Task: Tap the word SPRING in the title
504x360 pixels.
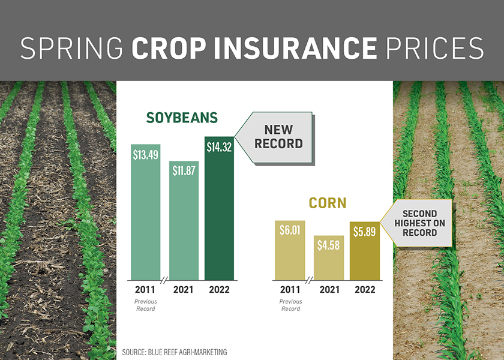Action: [71, 48]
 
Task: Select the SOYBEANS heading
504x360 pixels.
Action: [182, 118]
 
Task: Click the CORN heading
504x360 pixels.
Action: [327, 203]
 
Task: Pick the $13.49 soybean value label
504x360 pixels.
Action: [146, 154]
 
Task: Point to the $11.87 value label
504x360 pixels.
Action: [183, 170]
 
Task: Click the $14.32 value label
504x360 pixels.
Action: [219, 147]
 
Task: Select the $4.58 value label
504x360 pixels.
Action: [328, 245]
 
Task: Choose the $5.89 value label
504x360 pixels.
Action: [364, 231]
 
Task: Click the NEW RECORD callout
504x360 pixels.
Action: [278, 137]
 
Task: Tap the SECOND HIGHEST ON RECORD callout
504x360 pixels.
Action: [419, 223]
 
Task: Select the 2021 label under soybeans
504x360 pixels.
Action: [183, 290]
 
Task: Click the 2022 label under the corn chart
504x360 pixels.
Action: [364, 290]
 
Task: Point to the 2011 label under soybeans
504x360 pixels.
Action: [146, 290]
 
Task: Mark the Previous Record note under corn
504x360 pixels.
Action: [290, 305]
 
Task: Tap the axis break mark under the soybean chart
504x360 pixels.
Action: [164, 280]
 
